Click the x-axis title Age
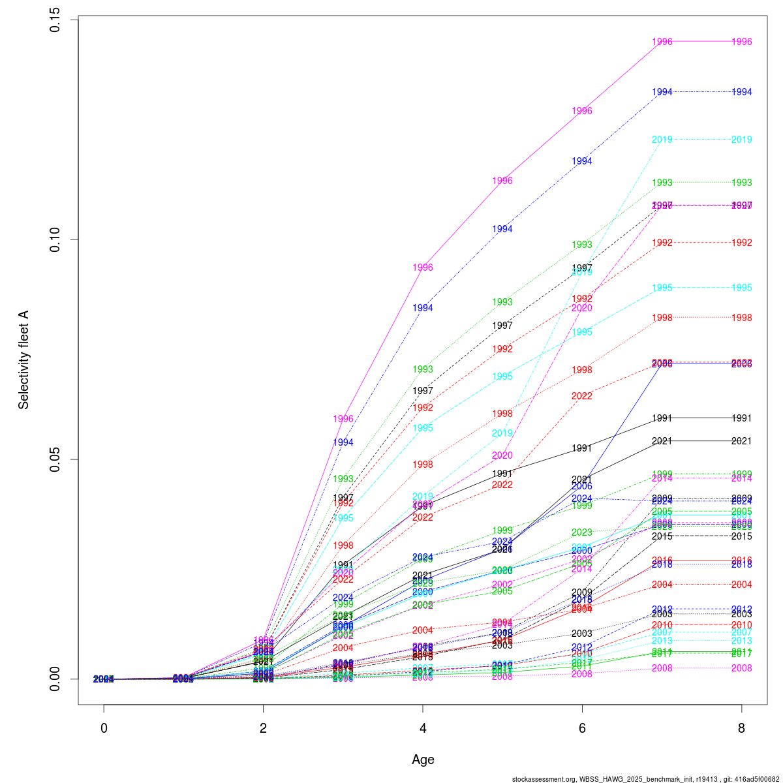coord(423,760)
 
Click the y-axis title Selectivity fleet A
coord(23,360)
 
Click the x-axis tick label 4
coord(423,728)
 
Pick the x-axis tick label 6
coord(582,728)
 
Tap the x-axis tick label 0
coord(104,728)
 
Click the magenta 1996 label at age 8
coord(742,42)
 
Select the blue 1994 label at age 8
coord(742,92)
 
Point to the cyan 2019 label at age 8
coord(742,140)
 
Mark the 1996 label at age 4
coord(423,268)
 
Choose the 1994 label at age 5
coord(502,229)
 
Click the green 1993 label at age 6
coord(582,245)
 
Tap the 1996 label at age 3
coord(343,419)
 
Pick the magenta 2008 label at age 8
coord(742,668)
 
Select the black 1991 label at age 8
coord(742,418)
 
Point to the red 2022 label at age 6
coord(582,396)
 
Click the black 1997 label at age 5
coord(502,326)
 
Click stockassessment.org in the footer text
coord(538,778)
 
